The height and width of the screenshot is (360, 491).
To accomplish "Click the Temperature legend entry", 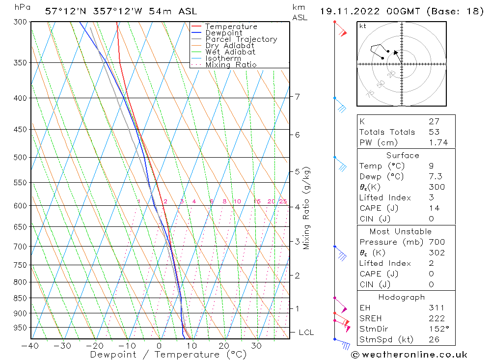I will point(231,27).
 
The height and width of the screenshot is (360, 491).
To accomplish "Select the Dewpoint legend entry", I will point(223,33).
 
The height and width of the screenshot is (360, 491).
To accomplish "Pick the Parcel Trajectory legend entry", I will point(241,39).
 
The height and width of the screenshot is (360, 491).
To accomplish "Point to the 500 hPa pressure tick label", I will point(21,158).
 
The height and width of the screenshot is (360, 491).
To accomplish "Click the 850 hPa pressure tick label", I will point(21,298).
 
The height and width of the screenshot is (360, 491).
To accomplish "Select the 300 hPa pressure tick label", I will point(21,22).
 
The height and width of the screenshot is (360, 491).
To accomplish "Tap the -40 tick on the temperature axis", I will point(30,346).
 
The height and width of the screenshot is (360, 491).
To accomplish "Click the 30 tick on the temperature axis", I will point(257,346).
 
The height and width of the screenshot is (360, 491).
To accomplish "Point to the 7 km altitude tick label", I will point(298,96).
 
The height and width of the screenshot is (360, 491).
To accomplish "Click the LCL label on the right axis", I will point(306,332).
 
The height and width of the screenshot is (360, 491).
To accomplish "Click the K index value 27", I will point(434,121).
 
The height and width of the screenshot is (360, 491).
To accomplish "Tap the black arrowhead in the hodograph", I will point(396,52).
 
